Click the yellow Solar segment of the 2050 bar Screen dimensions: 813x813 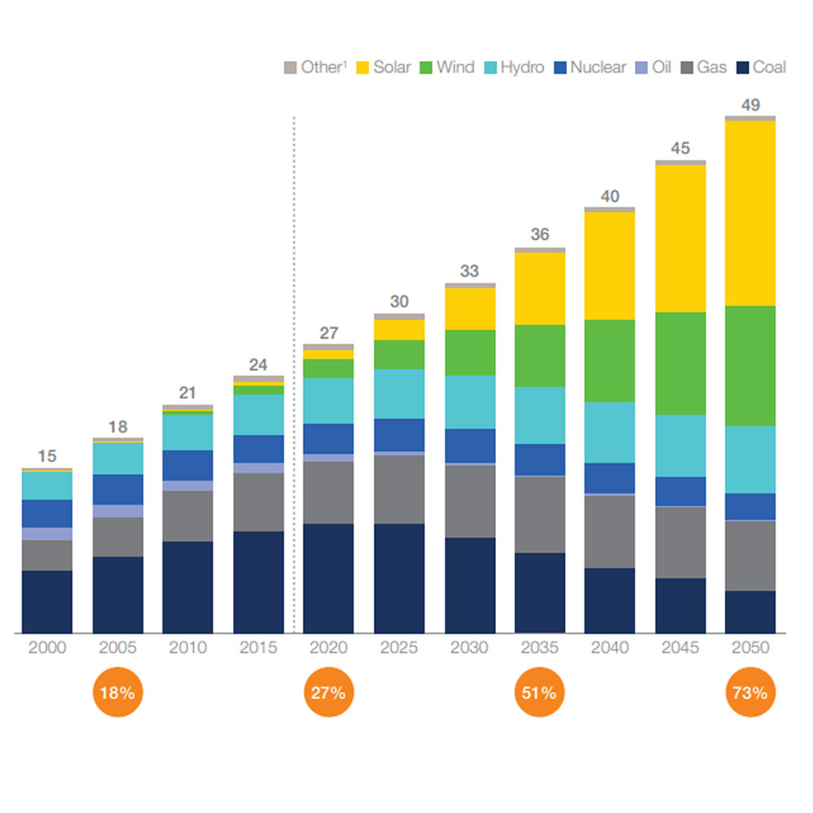750,213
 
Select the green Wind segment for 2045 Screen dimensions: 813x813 680,363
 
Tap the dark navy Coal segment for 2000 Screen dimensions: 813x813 47,602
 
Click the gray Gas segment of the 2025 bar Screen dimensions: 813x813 399,489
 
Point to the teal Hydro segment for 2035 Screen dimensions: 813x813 540,415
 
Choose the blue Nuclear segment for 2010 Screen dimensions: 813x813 188,465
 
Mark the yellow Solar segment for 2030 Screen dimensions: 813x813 470,308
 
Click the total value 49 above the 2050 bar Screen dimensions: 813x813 750,104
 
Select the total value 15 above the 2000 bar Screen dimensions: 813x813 47,457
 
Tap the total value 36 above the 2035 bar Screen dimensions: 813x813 540,235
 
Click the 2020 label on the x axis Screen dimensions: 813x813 328,648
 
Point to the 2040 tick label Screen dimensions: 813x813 610,648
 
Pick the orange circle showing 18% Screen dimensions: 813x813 118,693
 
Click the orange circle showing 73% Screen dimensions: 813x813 750,693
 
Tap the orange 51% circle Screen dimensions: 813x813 539,693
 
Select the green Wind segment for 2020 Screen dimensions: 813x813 328,368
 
